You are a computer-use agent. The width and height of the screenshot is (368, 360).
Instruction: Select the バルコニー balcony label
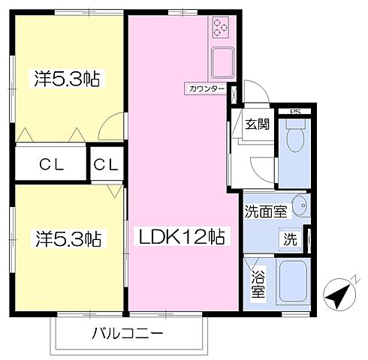click(x=128, y=332)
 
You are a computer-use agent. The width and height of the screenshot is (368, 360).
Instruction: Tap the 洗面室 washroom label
click(x=265, y=211)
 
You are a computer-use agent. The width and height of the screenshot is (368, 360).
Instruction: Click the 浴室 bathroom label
click(x=258, y=283)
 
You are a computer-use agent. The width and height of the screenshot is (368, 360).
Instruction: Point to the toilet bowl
click(x=296, y=139)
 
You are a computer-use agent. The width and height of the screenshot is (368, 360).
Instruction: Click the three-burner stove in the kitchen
click(x=222, y=28)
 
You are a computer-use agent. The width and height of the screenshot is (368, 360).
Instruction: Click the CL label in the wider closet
click(x=50, y=164)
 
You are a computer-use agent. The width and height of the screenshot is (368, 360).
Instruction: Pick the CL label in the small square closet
click(x=107, y=164)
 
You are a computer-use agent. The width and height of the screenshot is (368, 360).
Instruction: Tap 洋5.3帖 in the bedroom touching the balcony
click(x=67, y=239)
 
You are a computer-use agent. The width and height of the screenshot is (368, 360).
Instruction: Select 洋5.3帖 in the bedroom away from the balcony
click(x=67, y=77)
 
